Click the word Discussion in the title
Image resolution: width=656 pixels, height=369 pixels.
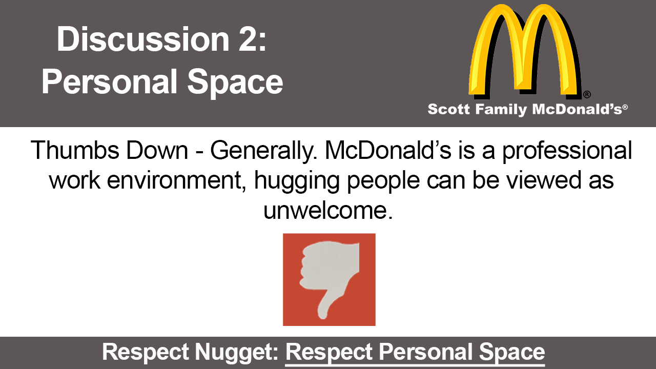(142, 39)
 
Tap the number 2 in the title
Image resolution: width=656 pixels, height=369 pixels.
(251, 39)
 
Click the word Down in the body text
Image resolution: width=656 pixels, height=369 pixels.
(157, 150)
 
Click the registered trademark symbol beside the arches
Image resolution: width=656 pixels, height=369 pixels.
(587, 94)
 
